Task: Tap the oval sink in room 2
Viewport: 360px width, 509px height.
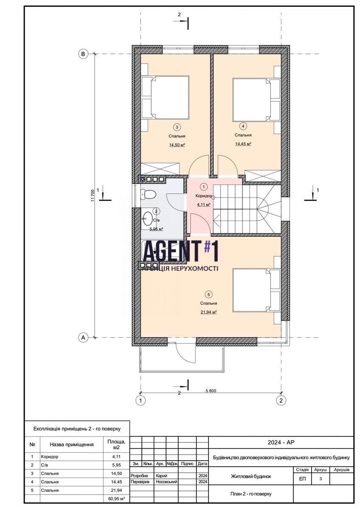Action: [148, 218]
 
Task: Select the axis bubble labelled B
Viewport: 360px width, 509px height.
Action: [83, 54]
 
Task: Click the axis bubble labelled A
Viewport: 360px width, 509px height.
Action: [83, 338]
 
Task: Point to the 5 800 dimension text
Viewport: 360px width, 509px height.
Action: [211, 391]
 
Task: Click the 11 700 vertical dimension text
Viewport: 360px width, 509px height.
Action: [92, 196]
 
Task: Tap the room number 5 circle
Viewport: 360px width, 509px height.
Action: [208, 295]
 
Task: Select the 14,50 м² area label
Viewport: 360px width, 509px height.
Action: [177, 145]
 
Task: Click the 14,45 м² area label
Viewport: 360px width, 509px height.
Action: [243, 144]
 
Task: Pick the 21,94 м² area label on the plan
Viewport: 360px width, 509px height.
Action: [208, 312]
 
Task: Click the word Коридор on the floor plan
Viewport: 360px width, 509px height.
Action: [204, 196]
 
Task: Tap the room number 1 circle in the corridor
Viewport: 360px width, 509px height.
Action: [203, 187]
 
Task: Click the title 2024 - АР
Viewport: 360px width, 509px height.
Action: [281, 442]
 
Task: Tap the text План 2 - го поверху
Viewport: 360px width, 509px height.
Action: [251, 494]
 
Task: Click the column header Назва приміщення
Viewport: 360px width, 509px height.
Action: [72, 445]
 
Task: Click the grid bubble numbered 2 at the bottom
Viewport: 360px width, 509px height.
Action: [281, 400]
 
